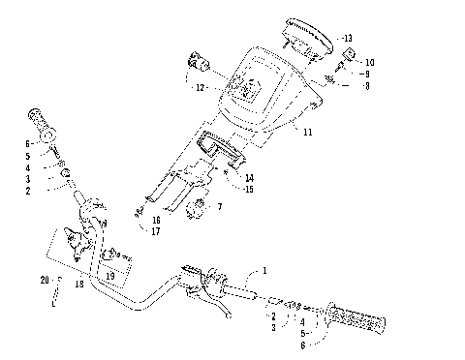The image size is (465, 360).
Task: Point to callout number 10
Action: coord(369,62)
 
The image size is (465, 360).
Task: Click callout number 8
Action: coord(367,85)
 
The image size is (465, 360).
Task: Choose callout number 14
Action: coord(250,177)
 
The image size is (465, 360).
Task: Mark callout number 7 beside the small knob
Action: coord(220,206)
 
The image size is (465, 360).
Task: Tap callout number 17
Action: coord(156,232)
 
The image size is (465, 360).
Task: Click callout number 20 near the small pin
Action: coord(46,281)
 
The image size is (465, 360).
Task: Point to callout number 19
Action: coord(110,275)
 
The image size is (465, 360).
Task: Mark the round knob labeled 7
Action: coord(201,207)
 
